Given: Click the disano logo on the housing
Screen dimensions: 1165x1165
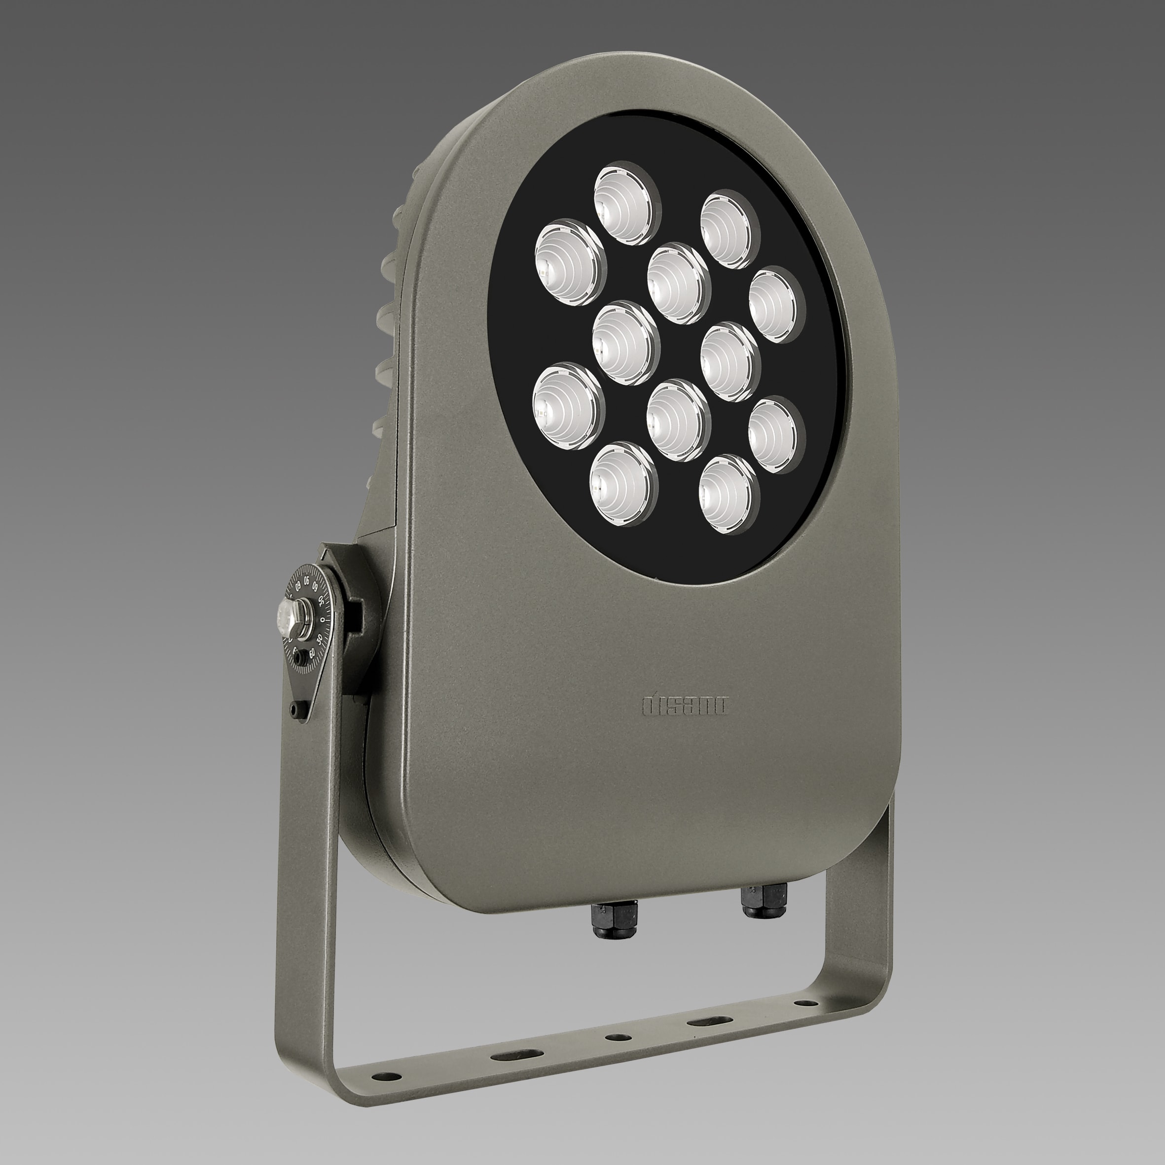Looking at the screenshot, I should (x=686, y=705).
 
